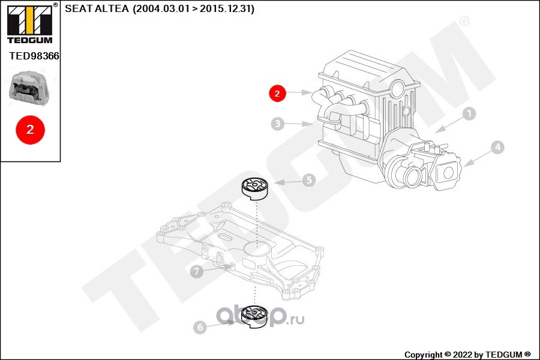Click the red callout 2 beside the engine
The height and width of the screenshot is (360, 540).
coord(277,93)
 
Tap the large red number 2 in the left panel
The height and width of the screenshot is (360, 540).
coord(31,130)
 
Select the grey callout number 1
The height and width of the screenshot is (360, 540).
coord(469,113)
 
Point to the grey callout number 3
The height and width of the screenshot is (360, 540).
coord(278,124)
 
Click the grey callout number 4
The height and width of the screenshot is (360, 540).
coord(497,148)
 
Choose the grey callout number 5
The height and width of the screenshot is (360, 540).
coord(309,180)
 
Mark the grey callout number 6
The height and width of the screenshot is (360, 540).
coord(200,327)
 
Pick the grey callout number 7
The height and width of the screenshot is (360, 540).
coord(197,271)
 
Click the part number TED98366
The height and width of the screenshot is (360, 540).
coord(34,56)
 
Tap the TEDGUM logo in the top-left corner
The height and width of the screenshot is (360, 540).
coord(30,24)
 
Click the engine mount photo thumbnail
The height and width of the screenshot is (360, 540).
coord(29,88)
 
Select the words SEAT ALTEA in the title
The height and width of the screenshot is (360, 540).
coord(97,8)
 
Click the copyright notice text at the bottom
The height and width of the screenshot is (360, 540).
coord(467,355)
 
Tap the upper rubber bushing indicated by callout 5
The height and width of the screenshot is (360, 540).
coord(254,189)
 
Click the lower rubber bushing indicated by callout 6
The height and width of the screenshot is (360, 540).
coord(254,316)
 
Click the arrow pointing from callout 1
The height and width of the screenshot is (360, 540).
coord(449,125)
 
